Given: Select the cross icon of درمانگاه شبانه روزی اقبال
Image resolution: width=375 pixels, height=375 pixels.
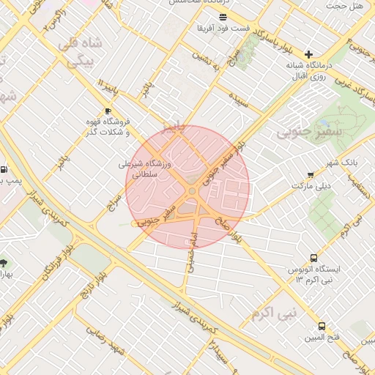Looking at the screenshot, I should pos(309,54).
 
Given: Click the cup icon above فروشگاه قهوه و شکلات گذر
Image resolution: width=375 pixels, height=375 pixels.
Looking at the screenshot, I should pos(108,111).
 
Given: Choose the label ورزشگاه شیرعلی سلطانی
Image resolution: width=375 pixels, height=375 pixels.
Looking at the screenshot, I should pos(146,169).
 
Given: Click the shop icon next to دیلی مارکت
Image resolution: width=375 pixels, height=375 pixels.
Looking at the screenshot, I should pos(311,175).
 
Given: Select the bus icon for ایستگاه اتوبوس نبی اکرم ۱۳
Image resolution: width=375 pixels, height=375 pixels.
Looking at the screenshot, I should pos(313,258).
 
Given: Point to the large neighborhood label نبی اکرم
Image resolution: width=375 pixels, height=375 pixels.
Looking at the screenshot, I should pos(274,315).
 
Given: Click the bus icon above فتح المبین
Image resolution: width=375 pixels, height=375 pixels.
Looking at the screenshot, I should pos(322,326).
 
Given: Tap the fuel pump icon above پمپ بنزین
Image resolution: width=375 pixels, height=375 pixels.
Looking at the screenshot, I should pos(4,168).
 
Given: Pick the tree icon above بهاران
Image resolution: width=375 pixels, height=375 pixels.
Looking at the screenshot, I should pos(4,262).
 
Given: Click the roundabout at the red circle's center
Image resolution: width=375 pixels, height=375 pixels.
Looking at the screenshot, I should pos(191,190).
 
